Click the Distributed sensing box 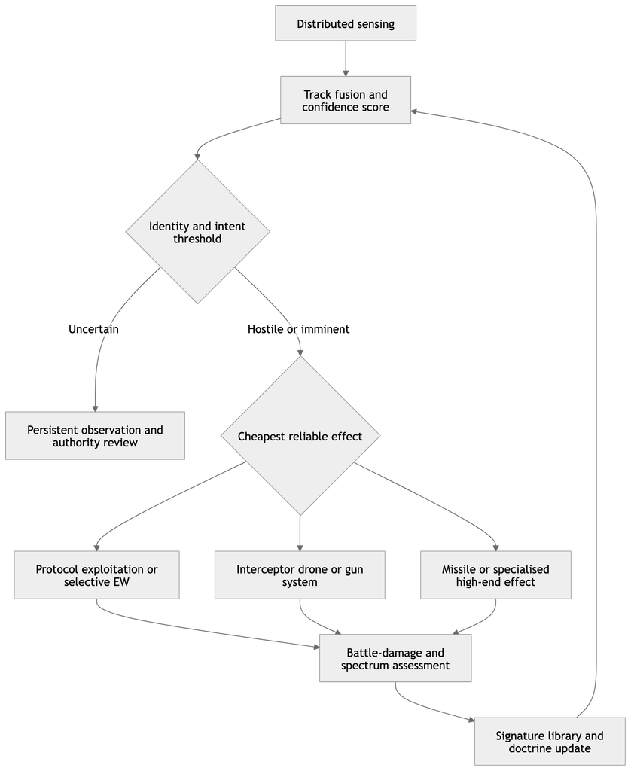click(346, 23)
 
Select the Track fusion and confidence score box click(346, 100)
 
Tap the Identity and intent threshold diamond click(198, 232)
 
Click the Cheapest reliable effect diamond click(300, 436)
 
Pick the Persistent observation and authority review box click(95, 436)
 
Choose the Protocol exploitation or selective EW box click(96, 574)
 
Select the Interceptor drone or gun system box click(300, 574)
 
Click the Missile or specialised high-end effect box click(495, 574)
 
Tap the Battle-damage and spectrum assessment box click(395, 658)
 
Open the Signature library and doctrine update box click(550, 742)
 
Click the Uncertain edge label click(93, 329)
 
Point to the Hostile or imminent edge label click(298, 329)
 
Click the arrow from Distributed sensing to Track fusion click(346, 58)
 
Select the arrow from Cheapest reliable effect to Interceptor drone click(300, 533)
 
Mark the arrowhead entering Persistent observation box click(95, 409)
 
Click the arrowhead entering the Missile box click(495, 548)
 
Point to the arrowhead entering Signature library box click(471, 721)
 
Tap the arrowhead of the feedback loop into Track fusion click(414, 111)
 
